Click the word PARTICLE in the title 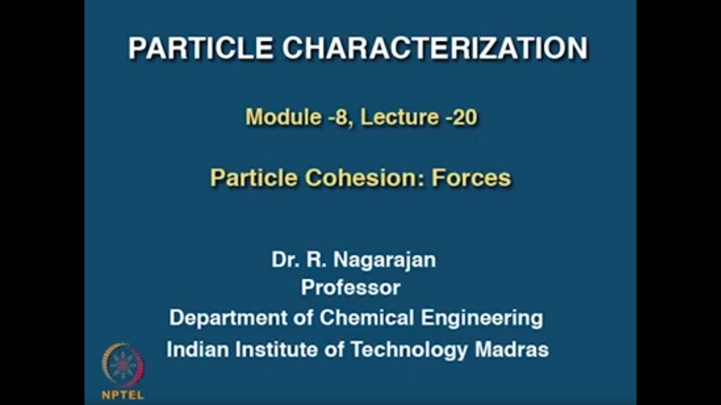201,48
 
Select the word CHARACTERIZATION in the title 435,48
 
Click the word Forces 471,178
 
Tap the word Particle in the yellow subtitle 253,178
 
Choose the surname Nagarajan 385,260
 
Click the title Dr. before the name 286,260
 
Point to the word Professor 350,288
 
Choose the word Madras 511,350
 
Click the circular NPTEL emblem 122,365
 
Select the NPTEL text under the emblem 122,395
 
